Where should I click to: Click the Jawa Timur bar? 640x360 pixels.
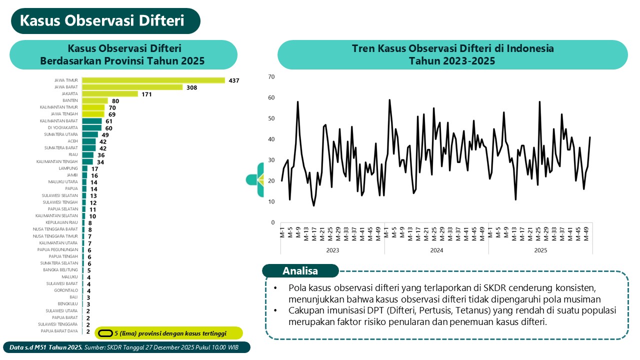153,80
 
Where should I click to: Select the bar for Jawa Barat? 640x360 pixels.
132,87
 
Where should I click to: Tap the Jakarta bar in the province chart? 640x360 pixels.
110,94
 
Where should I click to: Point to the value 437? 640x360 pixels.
234,80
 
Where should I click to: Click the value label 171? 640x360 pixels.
146,94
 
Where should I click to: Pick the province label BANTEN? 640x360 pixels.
70,100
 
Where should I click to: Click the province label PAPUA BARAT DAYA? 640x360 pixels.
59,330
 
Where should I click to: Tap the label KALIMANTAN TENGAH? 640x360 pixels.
57,161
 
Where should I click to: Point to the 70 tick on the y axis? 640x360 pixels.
271,76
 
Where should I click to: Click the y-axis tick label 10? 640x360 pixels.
271,201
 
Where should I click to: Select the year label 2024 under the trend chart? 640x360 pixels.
436,250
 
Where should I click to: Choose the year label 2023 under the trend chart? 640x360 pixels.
332,250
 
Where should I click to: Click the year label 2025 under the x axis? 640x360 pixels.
540,250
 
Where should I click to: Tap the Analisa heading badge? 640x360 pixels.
300,271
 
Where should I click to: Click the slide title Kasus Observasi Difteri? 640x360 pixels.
102,21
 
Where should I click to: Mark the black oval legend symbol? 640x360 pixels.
105,333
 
